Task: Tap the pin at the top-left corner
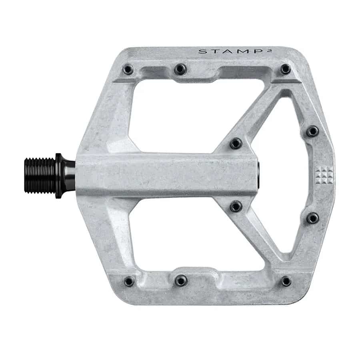[x=128, y=70]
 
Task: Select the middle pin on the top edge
[x=180, y=69]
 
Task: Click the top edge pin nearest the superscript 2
[x=286, y=69]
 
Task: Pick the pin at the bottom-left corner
[x=129, y=281]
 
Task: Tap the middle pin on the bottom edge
[x=180, y=281]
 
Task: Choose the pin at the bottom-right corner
[x=286, y=281]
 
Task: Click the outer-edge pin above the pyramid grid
[x=312, y=131]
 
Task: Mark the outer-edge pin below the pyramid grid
[x=313, y=218]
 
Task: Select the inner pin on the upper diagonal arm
[x=236, y=143]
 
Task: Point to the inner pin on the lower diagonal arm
[x=236, y=206]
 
